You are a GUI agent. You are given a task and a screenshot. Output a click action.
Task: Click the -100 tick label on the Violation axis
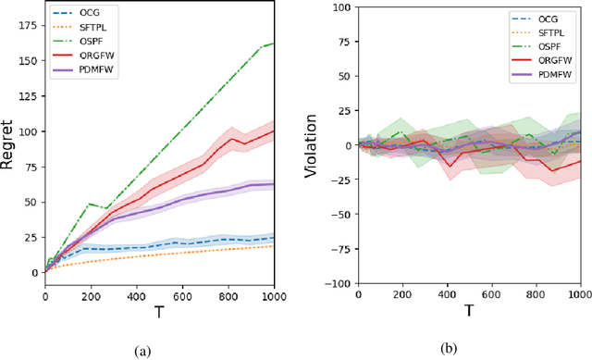338,283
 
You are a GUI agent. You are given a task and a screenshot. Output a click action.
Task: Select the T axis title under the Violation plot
469,312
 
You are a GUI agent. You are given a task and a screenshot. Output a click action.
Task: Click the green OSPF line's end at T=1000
274,43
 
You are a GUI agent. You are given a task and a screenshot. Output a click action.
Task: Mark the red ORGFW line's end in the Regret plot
274,130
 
